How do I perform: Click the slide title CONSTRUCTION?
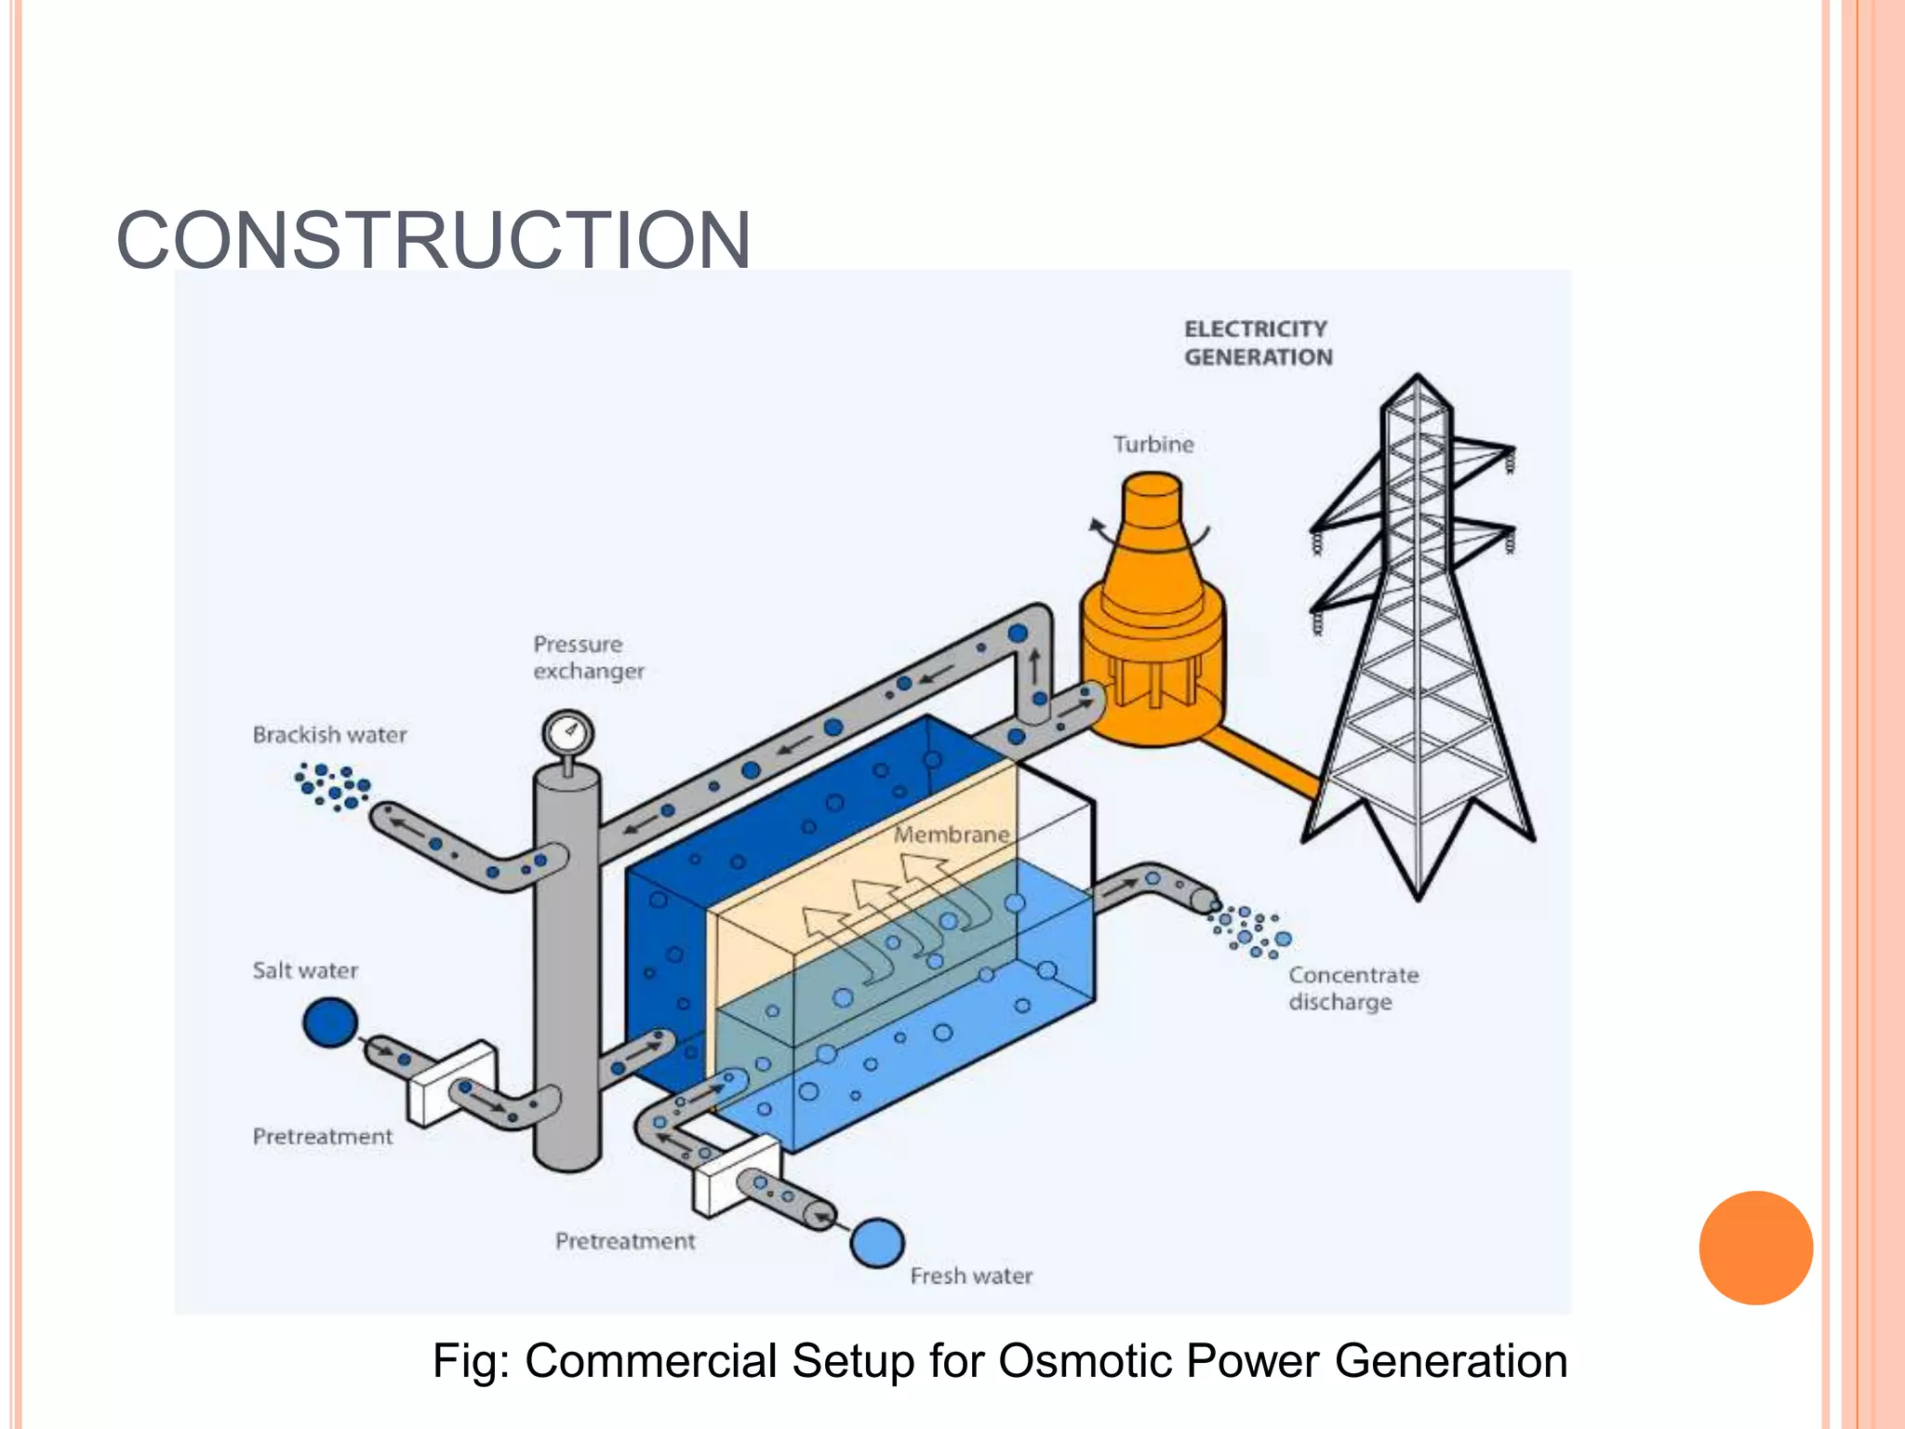(433, 240)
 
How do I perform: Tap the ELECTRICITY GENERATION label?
(1258, 343)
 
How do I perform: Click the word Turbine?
(1153, 445)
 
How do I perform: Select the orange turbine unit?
(1153, 623)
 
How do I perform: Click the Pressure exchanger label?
(588, 658)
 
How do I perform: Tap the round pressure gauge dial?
(567, 733)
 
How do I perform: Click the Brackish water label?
(330, 735)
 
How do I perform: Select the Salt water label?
(305, 971)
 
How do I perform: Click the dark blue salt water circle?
(330, 1022)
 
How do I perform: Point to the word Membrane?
(952, 835)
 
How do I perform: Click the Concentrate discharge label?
(1352, 989)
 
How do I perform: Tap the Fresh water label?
(971, 1276)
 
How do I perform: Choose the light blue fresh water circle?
(877, 1243)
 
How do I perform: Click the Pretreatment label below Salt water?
(323, 1137)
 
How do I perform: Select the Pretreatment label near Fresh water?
(625, 1242)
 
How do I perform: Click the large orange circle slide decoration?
(1755, 1248)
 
